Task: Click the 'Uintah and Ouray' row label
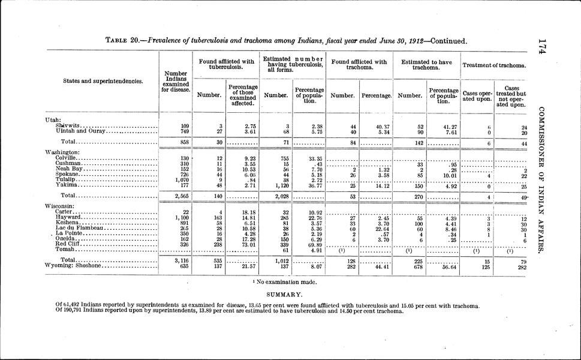(73, 131)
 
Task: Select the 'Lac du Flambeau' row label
(74, 228)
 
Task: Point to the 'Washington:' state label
(63, 152)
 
